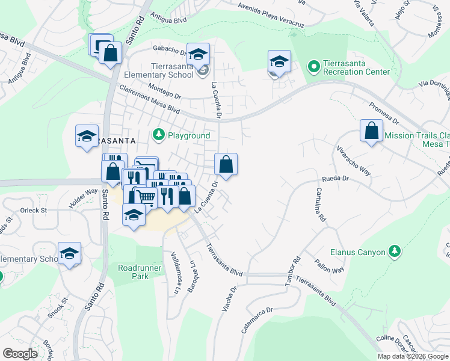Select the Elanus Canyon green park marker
(x=395, y=251)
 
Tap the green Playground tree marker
(x=158, y=135)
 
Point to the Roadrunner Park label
(x=133, y=272)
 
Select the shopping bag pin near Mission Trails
(x=371, y=131)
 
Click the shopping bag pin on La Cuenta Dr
(x=226, y=164)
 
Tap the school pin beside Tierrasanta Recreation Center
(x=279, y=61)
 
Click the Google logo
(x=20, y=354)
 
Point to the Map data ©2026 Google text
(x=412, y=356)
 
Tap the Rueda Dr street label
(x=336, y=179)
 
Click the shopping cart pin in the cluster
(x=146, y=197)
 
